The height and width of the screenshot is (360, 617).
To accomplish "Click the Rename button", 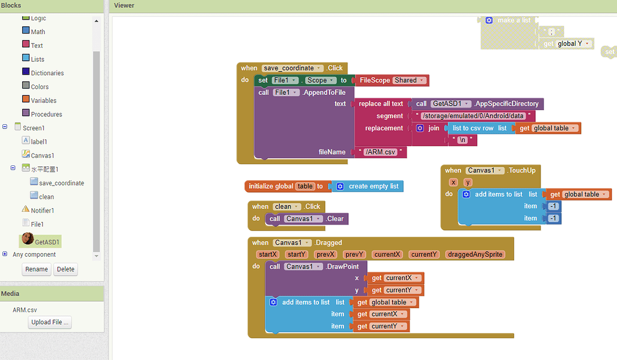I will [36, 269].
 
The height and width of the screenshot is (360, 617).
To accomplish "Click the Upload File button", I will [50, 322].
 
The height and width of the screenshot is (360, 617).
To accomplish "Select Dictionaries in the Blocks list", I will [47, 73].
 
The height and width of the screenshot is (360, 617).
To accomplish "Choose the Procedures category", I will [46, 114].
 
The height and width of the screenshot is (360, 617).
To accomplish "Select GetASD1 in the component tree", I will [47, 242].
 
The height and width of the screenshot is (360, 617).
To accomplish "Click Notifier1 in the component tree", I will [42, 210].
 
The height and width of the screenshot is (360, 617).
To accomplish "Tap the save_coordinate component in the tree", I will [61, 183].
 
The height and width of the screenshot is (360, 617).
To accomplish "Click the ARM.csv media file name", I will [25, 310].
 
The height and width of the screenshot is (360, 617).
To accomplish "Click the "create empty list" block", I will [373, 186].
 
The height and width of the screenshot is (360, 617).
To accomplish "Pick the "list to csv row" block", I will [473, 128].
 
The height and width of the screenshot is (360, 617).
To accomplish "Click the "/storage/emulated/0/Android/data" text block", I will [472, 116].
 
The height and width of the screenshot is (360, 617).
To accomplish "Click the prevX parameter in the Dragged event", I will [326, 254].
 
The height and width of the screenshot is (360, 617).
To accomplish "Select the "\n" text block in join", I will [462, 140].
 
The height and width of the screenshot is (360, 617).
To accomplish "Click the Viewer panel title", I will [124, 5].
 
